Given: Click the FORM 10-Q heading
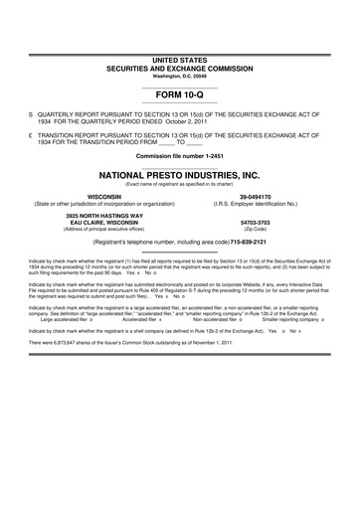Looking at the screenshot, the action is pos(179,99).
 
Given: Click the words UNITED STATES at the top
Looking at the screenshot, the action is pos(180,61).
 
